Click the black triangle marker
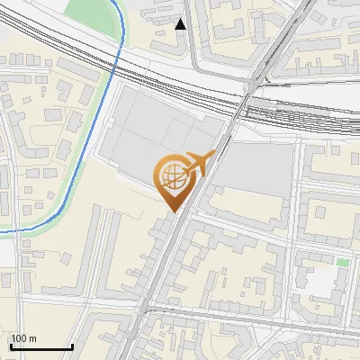pyautogui.click(x=181, y=24)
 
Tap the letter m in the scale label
pyautogui.click(x=33, y=338)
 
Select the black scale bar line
pyautogui.click(x=41, y=346)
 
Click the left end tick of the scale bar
pyautogui.click(x=11, y=345)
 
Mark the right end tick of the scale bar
pyautogui.click(x=72, y=345)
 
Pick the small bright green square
pyautogui.click(x=342, y=263)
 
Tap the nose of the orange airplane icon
pyautogui.click(x=215, y=155)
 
